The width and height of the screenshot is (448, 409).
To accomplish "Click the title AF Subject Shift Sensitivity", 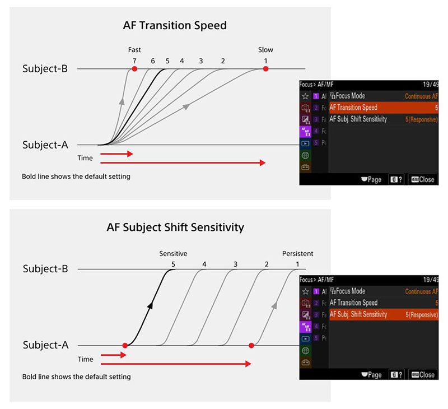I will click(x=175, y=227).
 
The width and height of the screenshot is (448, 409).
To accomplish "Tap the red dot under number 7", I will click(x=134, y=69).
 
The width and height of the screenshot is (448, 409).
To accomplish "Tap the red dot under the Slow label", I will click(x=265, y=69).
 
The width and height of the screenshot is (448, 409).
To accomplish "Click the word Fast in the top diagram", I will click(x=134, y=50).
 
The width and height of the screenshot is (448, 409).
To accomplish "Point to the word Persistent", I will click(x=298, y=254).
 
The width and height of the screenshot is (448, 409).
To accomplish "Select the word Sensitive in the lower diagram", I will click(x=173, y=254).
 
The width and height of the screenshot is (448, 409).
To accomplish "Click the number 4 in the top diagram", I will click(x=182, y=61).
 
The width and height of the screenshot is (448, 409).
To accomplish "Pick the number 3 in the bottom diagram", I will click(x=235, y=264).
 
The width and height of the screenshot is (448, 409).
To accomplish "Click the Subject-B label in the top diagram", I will click(x=45, y=69).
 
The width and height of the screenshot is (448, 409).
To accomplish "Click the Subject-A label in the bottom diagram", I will click(x=45, y=345).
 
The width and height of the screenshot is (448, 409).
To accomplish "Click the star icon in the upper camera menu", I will click(x=305, y=96).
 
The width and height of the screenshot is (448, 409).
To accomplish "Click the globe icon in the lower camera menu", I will click(x=305, y=351).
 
